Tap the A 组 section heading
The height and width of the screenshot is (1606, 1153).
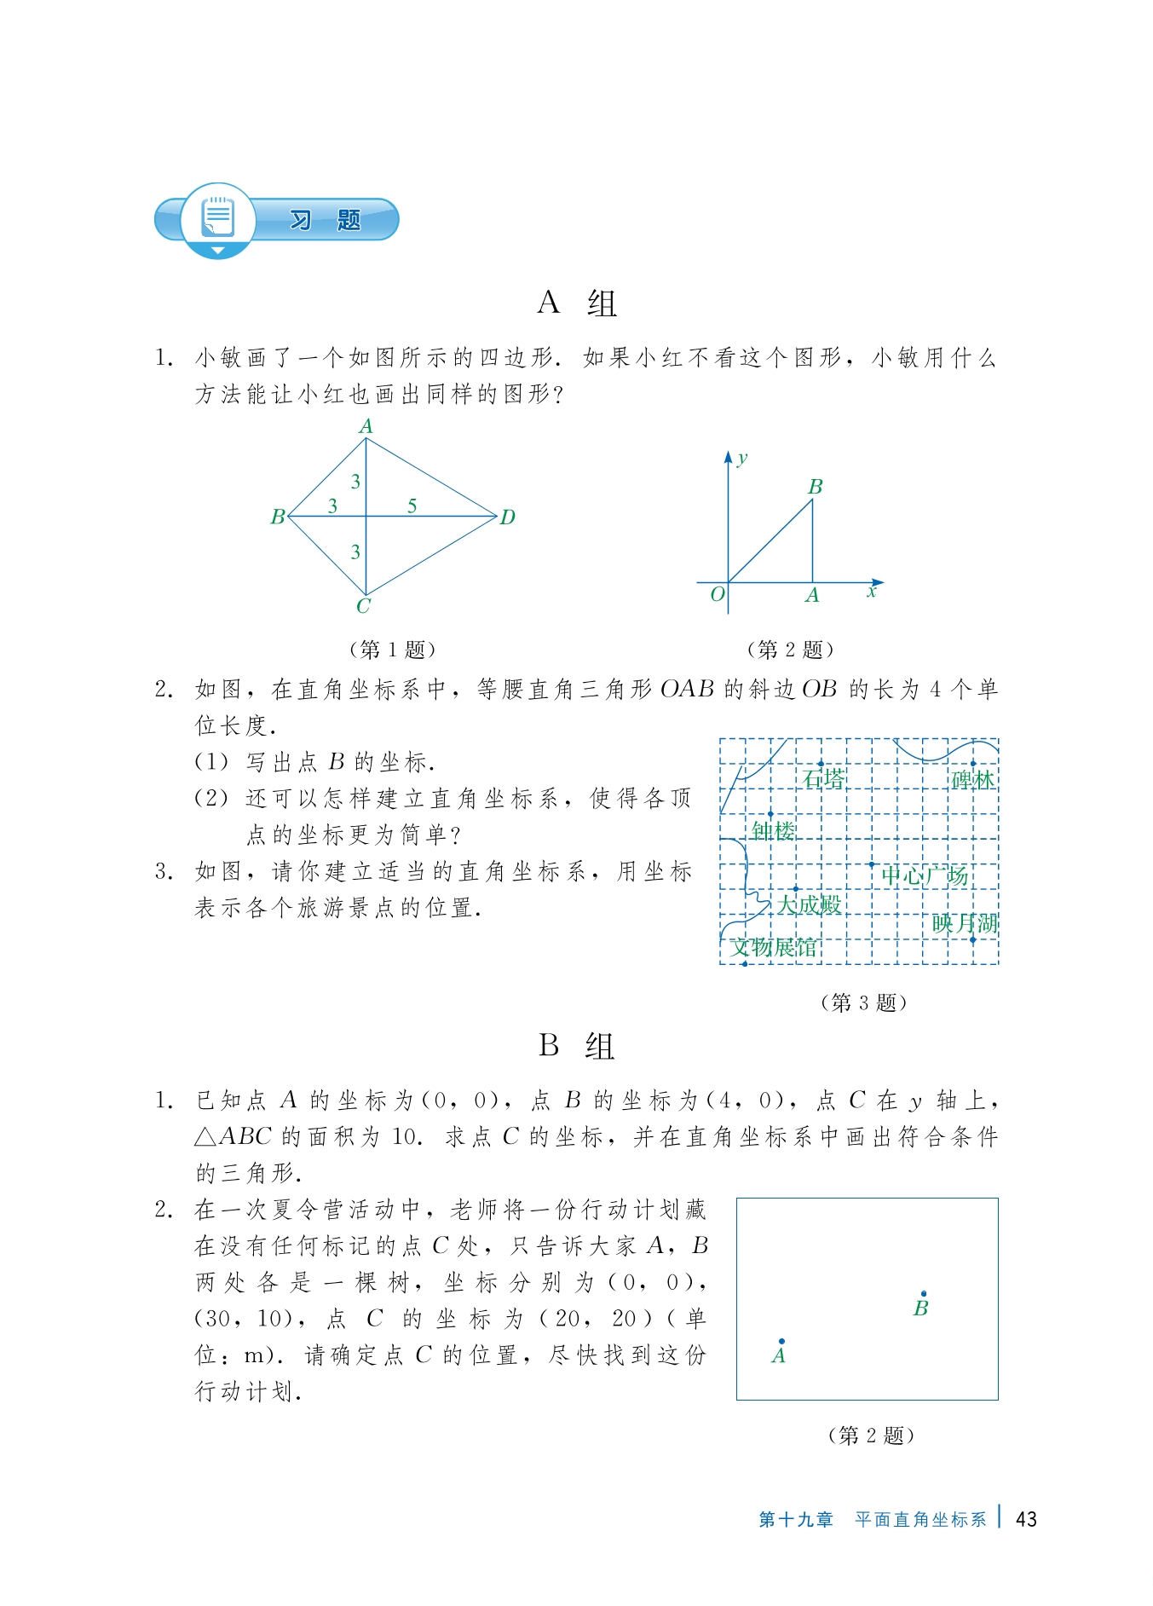577,303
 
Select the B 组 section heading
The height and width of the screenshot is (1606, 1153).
577,1046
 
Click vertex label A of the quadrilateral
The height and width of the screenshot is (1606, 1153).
366,426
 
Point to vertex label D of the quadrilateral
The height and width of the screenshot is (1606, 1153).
508,517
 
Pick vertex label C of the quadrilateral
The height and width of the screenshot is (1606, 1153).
364,606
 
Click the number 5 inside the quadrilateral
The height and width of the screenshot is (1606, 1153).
412,506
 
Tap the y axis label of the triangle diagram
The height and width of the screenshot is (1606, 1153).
742,458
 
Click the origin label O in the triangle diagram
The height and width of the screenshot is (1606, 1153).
718,593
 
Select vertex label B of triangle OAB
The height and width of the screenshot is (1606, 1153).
816,487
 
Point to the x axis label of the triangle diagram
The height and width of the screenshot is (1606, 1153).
871,592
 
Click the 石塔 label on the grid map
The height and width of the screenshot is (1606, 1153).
824,779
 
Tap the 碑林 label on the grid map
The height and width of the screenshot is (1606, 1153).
972,780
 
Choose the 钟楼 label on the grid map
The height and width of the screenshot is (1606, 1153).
773,830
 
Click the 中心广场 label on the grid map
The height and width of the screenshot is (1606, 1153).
925,875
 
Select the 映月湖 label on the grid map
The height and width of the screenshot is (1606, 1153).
965,923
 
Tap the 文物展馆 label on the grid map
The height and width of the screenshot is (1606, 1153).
774,947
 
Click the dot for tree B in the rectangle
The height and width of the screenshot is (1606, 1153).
924,1293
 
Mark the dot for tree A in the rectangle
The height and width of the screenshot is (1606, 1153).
781,1341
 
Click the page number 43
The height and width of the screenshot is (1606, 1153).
1026,1519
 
